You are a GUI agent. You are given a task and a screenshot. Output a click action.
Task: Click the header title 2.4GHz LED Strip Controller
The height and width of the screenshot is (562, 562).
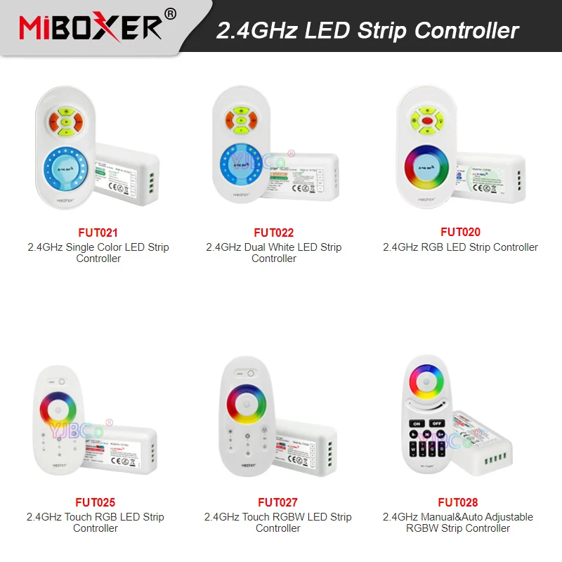pos(367,30)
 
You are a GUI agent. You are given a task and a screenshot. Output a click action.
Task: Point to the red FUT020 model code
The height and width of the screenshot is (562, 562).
pos(460,232)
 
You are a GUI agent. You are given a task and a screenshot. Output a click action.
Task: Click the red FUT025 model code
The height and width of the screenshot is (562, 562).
pos(95,502)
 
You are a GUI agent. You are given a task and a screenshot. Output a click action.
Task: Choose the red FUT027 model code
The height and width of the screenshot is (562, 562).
pos(277,502)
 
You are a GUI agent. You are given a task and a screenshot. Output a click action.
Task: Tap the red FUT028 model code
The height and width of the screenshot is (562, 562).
pos(457,502)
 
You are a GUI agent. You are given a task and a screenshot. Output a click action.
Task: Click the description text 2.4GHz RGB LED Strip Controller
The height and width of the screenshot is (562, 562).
pos(460,247)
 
